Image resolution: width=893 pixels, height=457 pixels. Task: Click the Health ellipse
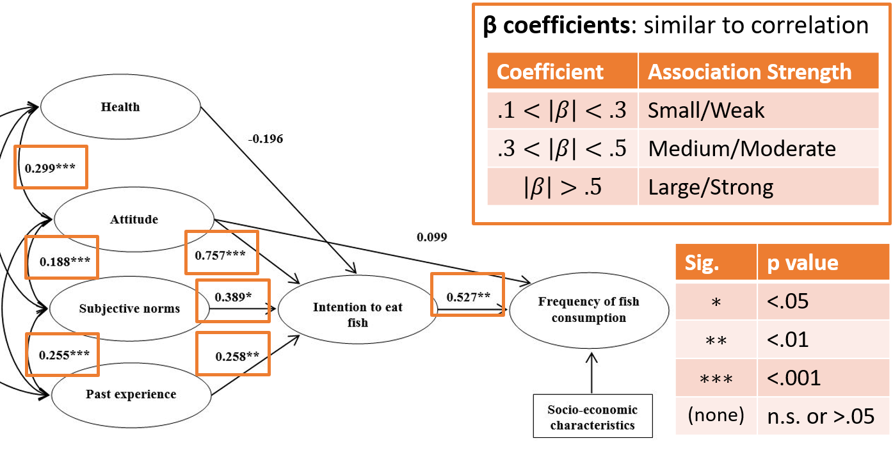pyautogui.click(x=120, y=106)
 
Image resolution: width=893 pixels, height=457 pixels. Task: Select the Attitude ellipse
pyautogui.click(x=134, y=220)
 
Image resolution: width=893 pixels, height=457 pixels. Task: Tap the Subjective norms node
pyautogui.click(x=129, y=309)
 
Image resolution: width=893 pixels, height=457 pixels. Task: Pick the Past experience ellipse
pyautogui.click(x=131, y=394)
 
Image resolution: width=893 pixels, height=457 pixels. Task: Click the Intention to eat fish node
pyautogui.click(x=358, y=309)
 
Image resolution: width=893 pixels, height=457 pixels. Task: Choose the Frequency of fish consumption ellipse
pyautogui.click(x=589, y=310)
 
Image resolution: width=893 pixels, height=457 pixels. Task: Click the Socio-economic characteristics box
pyautogui.click(x=593, y=416)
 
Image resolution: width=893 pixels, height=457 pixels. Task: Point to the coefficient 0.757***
pyautogui.click(x=220, y=255)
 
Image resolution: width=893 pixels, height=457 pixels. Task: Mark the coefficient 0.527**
pyautogui.click(x=468, y=297)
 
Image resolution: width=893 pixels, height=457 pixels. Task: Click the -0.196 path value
pyautogui.click(x=266, y=139)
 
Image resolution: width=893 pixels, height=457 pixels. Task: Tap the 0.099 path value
pyautogui.click(x=431, y=237)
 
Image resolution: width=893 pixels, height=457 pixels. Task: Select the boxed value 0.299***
pyautogui.click(x=50, y=168)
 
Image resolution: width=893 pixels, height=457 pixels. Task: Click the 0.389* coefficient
pyautogui.click(x=233, y=297)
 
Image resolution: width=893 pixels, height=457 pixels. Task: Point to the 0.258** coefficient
pyautogui.click(x=237, y=356)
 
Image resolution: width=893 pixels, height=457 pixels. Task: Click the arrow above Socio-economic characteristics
pyautogui.click(x=591, y=373)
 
